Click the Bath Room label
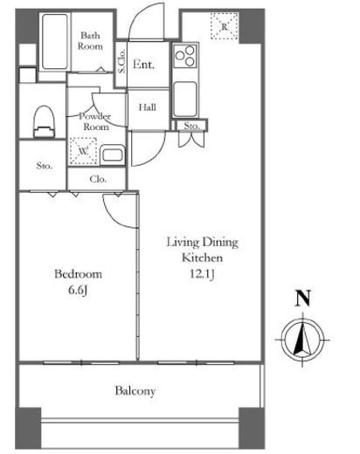(90, 41)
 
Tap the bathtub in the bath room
(55, 42)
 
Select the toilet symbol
(45, 121)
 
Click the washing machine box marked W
(83, 151)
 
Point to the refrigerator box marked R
(225, 26)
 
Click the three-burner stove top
(185, 55)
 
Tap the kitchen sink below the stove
(185, 99)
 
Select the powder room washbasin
(113, 155)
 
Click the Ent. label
(143, 65)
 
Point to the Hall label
(148, 107)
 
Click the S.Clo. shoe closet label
(121, 61)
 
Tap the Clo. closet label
(98, 179)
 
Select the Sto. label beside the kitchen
(191, 126)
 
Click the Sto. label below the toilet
(45, 166)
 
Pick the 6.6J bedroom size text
(78, 290)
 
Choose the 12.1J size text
(202, 274)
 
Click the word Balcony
(135, 391)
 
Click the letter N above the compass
(303, 298)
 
